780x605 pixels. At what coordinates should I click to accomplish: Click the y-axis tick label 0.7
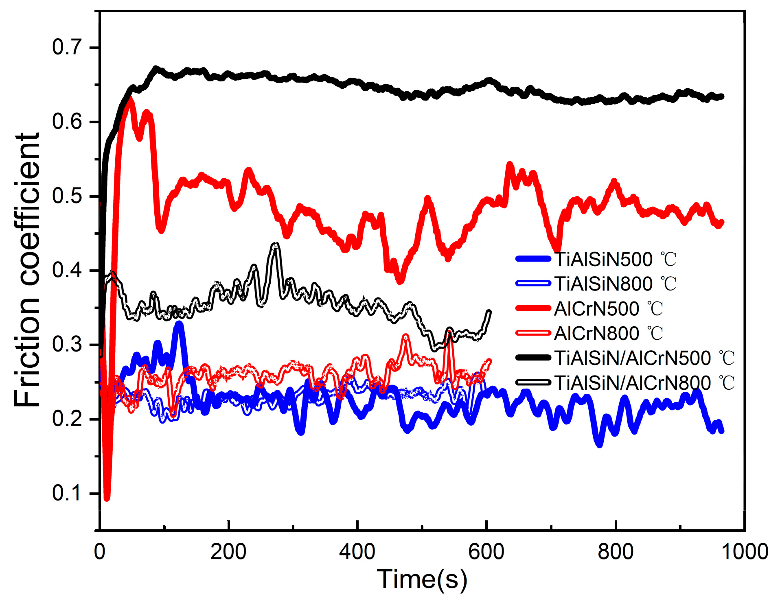68,47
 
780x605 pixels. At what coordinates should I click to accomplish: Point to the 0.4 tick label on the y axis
68,270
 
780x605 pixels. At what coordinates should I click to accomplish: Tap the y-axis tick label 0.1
68,493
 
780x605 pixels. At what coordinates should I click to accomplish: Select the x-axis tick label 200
228,552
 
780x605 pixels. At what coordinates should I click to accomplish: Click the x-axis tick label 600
486,552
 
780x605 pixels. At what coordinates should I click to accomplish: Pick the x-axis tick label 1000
744,552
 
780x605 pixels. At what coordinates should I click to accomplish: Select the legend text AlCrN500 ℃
609,308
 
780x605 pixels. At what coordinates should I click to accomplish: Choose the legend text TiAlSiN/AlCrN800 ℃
644,382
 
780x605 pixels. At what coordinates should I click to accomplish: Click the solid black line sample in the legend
533,358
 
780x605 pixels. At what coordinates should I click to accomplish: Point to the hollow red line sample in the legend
533,333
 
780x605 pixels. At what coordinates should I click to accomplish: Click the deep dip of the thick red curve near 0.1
107,498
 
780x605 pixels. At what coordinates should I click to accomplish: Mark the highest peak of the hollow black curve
276,245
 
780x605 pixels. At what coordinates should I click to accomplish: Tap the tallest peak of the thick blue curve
179,324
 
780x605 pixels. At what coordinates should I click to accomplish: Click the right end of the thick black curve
722,96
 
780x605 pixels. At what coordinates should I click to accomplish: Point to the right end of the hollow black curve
489,312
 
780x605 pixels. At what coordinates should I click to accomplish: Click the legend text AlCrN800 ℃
609,333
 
